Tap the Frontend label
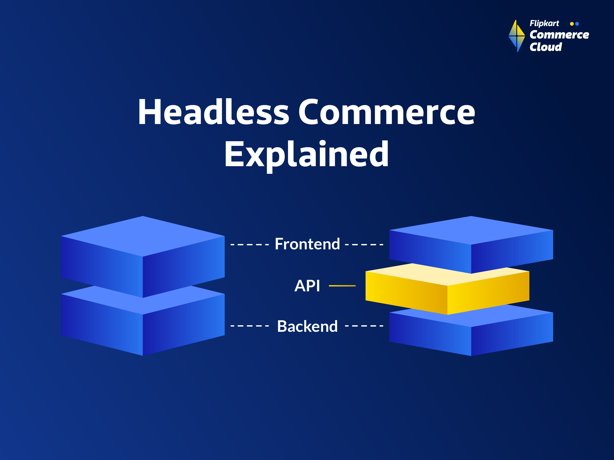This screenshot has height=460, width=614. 307,244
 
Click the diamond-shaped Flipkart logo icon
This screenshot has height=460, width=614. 517,36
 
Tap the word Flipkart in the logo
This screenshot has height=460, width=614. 544,24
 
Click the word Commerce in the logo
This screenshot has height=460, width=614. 559,35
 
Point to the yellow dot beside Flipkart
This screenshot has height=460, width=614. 572,24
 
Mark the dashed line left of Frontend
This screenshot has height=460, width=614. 250,245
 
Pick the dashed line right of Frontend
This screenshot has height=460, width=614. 364,245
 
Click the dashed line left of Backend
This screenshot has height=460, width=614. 250,326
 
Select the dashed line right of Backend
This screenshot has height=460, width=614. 364,326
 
